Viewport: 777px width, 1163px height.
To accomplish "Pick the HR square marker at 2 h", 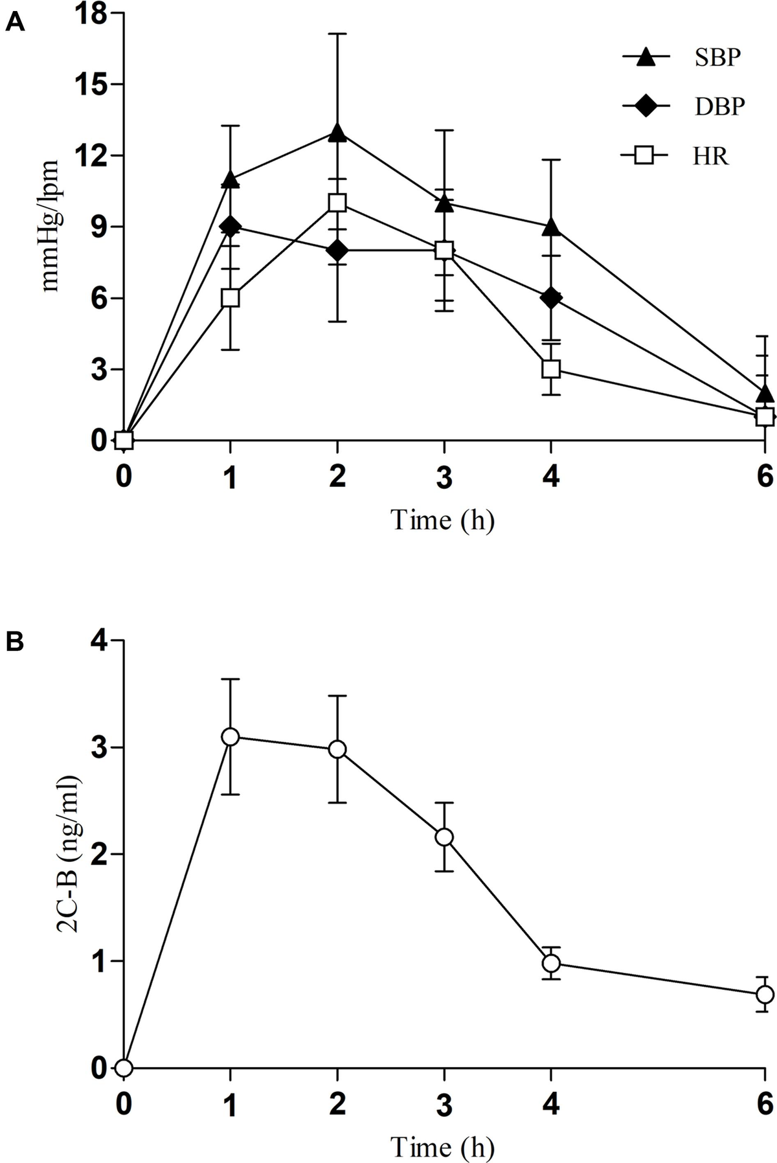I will pyautogui.click(x=337, y=203).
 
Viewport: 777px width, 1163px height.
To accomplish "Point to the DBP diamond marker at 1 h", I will pyautogui.click(x=230, y=227).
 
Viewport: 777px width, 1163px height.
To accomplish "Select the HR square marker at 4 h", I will pyautogui.click(x=551, y=369).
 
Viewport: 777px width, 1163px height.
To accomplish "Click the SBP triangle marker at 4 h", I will pyautogui.click(x=551, y=227).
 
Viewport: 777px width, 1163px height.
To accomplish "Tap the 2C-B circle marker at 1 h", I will pyautogui.click(x=230, y=737).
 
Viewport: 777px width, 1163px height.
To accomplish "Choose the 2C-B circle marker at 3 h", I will pyautogui.click(x=444, y=837).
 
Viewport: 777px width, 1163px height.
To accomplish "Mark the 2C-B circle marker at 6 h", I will pyautogui.click(x=765, y=994).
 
